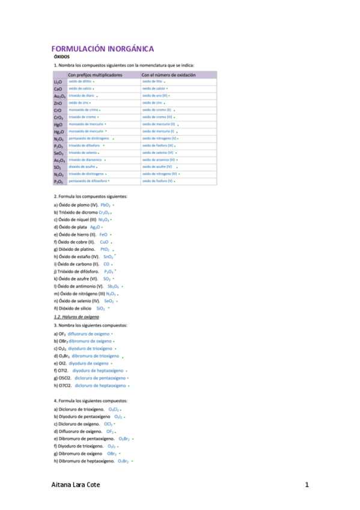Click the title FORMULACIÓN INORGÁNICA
tap(102, 49)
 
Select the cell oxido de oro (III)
tap(154, 96)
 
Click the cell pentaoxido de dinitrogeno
tap(88, 138)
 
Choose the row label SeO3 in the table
tap(58, 153)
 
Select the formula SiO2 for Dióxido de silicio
tap(100, 308)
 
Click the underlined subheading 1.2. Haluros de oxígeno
tap(76, 316)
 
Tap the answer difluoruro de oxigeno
tap(89, 333)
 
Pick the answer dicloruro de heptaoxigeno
tap(100, 386)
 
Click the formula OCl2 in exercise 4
tap(108, 424)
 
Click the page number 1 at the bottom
tap(307, 485)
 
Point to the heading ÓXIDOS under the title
tap(62, 57)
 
